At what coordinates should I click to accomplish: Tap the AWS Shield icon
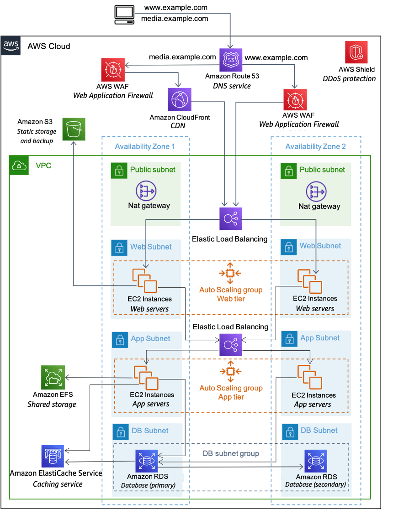click(x=356, y=52)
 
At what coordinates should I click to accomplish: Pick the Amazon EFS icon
click(x=53, y=377)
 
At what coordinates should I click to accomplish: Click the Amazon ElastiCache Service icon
click(x=53, y=457)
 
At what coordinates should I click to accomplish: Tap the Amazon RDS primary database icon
click(x=146, y=461)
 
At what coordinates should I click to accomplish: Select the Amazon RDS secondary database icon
click(x=315, y=461)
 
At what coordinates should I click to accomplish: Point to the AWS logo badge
click(x=11, y=46)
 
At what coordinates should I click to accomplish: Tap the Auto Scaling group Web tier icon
click(x=230, y=273)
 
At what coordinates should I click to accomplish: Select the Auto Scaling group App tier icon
click(x=230, y=372)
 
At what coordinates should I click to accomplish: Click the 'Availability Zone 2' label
click(x=316, y=146)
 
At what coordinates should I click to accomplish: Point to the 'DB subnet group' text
click(x=231, y=453)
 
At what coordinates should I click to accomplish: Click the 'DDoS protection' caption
click(x=349, y=78)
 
